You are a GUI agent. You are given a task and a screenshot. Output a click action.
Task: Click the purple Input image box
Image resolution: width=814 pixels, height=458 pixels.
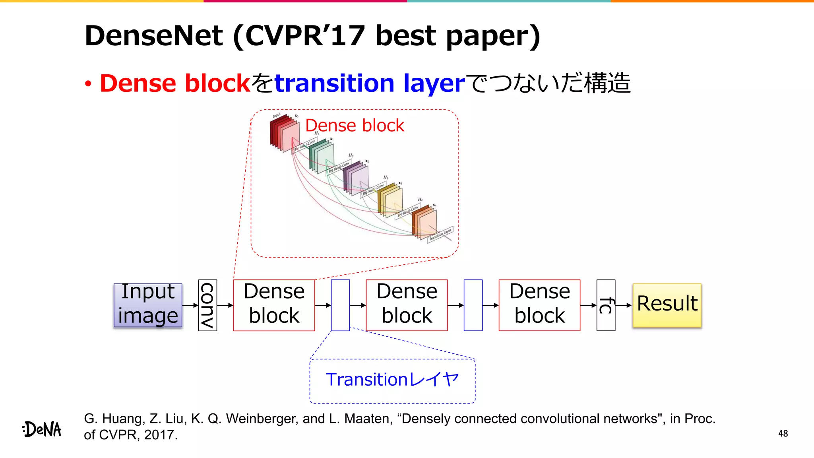[x=148, y=305]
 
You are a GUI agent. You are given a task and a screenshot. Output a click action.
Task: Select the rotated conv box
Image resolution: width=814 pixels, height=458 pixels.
[x=207, y=305]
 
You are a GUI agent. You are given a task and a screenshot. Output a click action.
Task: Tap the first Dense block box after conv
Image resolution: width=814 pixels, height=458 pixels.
[x=274, y=305]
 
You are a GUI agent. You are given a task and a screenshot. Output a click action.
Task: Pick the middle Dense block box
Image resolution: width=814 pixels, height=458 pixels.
[x=407, y=305]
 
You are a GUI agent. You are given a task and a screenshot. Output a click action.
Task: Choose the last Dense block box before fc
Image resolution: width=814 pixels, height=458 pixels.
[x=539, y=305]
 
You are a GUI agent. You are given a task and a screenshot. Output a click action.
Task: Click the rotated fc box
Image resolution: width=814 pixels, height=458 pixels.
[x=606, y=305]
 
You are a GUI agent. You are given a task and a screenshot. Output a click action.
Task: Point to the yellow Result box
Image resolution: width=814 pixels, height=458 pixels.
[x=667, y=305]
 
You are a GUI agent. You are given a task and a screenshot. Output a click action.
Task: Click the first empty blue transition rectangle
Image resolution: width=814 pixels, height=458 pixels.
[x=340, y=305]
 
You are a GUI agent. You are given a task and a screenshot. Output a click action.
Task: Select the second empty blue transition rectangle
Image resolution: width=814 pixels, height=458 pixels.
[x=473, y=305]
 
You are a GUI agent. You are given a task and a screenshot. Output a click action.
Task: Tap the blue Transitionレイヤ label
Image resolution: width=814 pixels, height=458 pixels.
[x=392, y=380]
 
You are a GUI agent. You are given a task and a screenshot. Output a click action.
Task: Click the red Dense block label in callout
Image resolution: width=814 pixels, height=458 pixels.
[x=355, y=126]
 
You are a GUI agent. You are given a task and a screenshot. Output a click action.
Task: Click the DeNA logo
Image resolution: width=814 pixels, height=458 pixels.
[x=42, y=429]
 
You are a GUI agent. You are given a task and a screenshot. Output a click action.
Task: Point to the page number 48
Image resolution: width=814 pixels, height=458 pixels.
[x=783, y=434]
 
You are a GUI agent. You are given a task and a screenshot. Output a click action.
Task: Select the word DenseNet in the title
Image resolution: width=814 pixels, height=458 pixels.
[x=154, y=36]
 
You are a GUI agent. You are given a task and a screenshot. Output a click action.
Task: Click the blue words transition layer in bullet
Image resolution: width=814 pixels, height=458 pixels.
[x=370, y=83]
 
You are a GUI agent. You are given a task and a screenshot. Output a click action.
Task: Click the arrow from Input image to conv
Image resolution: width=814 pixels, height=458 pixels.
[x=190, y=305]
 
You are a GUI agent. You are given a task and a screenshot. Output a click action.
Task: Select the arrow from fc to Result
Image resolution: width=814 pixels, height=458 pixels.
[x=623, y=305]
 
